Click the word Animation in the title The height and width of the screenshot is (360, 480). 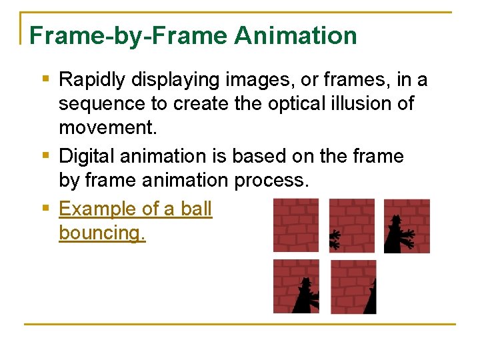click(295, 35)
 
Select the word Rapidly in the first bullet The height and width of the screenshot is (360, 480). click(92, 80)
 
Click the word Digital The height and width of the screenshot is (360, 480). click(87, 156)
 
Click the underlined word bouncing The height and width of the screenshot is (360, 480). click(102, 233)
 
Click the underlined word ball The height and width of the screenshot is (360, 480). click(196, 209)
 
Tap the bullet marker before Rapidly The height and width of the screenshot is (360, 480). click(45, 79)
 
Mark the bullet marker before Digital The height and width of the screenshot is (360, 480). click(45, 155)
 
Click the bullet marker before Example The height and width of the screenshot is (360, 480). click(45, 208)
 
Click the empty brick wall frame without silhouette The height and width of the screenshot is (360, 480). click(295, 225)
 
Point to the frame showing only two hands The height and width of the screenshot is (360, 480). click(351, 225)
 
